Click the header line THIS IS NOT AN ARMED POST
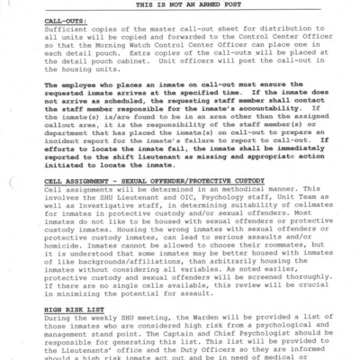pyautogui.click(x=179, y=5)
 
